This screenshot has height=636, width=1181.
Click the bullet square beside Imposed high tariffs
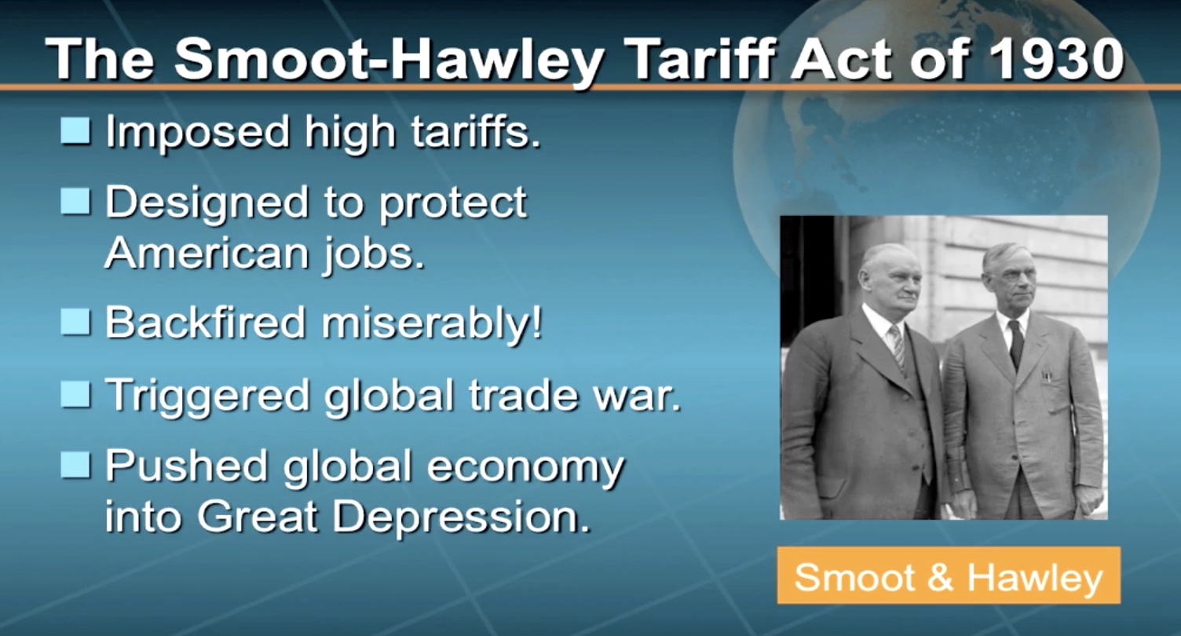point(75,130)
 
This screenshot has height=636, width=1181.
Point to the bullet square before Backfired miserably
point(75,322)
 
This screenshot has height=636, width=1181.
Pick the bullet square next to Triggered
point(75,394)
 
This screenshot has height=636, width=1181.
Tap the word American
point(207,253)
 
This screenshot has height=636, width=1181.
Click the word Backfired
point(206,322)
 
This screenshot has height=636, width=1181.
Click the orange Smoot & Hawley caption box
point(949,576)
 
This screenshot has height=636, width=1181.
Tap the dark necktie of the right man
point(1015,343)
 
